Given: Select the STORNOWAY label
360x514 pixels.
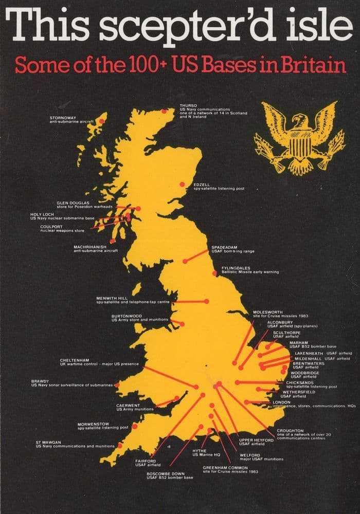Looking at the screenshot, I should [62, 117].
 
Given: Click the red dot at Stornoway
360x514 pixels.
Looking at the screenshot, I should [102, 120].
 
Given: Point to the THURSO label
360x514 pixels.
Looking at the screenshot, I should [188, 105].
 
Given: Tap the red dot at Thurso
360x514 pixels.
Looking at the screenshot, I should [165, 111].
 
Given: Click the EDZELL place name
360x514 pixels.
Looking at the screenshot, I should [202, 184].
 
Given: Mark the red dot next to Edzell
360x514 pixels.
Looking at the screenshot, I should [182, 185].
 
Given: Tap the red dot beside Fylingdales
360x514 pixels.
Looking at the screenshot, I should [214, 273].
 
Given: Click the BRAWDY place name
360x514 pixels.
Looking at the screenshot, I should [41, 380].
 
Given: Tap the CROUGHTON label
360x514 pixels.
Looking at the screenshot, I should [290, 430].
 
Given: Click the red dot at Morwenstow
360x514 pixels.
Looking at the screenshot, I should [135, 426].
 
